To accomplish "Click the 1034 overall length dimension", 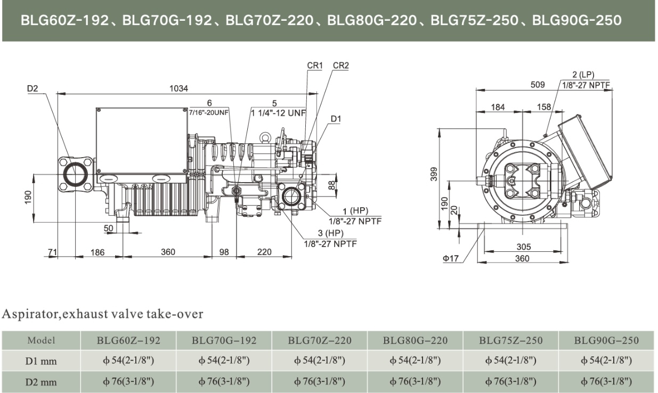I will click(x=179, y=88).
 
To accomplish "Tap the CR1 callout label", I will click(x=315, y=65).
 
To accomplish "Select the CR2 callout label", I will click(x=341, y=65).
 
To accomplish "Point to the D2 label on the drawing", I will click(x=33, y=88).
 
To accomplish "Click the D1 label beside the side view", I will click(x=335, y=119).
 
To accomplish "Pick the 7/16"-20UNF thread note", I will click(x=209, y=112).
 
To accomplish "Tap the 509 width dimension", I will click(x=539, y=84).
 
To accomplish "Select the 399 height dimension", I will click(x=434, y=174).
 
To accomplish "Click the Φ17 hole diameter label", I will click(x=450, y=259).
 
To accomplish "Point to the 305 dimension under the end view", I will click(x=523, y=247).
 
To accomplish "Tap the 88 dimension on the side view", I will click(x=331, y=185).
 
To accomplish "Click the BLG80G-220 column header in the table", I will click(x=415, y=340).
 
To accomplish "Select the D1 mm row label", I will click(x=41, y=361).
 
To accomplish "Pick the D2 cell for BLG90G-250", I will click(x=606, y=381).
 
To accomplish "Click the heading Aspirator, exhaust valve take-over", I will click(x=102, y=314).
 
